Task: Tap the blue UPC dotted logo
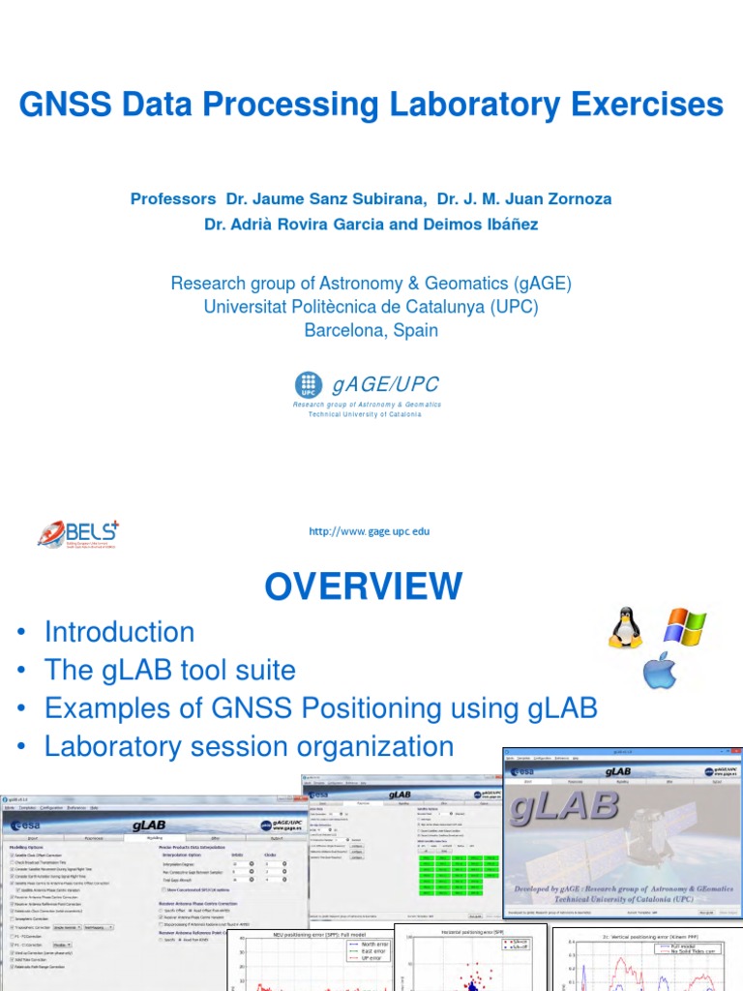(309, 386)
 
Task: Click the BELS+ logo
(78, 533)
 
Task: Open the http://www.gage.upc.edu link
(369, 531)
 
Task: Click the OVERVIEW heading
(364, 586)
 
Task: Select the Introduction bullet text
(119, 632)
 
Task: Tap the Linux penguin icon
(625, 628)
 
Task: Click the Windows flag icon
(685, 626)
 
